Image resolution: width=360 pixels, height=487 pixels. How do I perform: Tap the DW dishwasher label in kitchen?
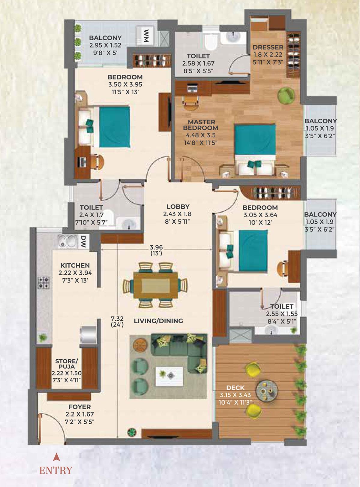click(x=83, y=241)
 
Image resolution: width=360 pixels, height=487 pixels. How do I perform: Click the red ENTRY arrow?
click(x=55, y=457)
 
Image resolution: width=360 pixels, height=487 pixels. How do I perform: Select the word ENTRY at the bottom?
click(x=56, y=470)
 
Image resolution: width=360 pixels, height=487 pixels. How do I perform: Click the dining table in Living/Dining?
click(x=155, y=285)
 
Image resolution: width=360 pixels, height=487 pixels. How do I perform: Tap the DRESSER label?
click(x=268, y=47)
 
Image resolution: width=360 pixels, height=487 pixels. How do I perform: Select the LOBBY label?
click(x=178, y=207)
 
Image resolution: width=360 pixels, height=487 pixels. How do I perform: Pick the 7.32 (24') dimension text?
click(x=117, y=321)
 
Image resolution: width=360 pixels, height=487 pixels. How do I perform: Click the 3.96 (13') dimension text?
click(x=156, y=250)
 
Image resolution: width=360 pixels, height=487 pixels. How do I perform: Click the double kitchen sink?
click(x=67, y=241)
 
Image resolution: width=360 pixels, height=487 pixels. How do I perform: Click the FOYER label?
click(x=79, y=407)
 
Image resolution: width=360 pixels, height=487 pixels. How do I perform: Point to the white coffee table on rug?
click(x=169, y=375)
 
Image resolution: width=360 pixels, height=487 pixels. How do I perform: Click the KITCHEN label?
click(x=75, y=265)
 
